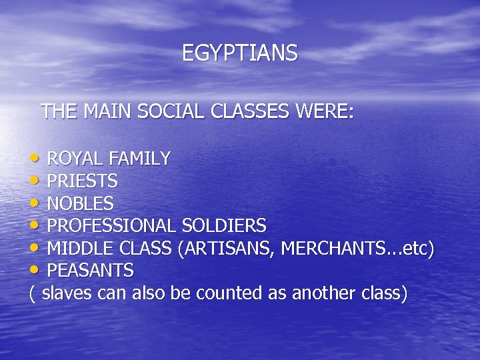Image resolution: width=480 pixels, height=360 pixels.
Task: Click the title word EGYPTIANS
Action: coord(240,53)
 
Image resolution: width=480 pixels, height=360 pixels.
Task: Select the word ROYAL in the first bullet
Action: coord(75,159)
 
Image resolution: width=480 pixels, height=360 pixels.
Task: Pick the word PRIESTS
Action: coord(83,181)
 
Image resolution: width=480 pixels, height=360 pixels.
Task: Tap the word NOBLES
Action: coord(81,203)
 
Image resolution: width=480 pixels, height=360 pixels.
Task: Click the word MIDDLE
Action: coord(76,249)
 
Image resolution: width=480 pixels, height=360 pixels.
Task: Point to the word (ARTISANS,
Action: coord(226,249)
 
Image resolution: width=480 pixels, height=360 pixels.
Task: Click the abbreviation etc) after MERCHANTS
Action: coord(422,249)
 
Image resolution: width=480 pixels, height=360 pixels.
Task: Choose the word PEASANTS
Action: coord(91,271)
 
